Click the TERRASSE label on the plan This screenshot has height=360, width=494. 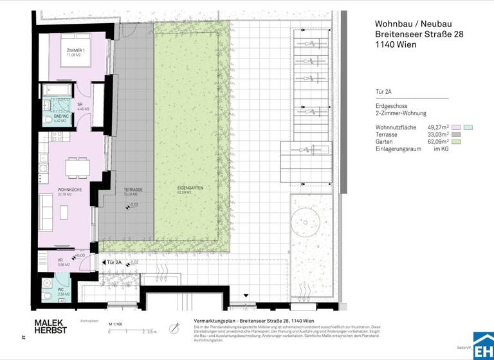pyautogui.click(x=133, y=190)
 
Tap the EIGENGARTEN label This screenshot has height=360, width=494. pyautogui.click(x=190, y=190)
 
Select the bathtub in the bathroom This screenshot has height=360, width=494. pyautogui.click(x=58, y=90)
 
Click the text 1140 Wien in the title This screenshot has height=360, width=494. pyautogui.click(x=396, y=45)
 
